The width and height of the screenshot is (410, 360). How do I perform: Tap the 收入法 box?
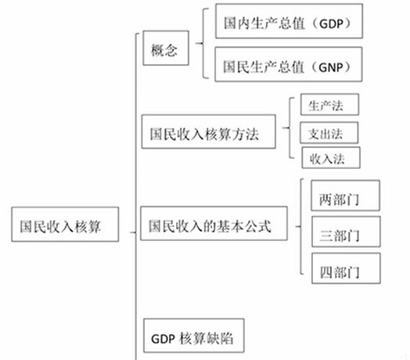pos(330,157)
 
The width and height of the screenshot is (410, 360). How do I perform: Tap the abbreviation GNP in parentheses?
pos(328,67)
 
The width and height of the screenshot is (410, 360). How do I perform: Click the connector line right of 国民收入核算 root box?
pos(126,229)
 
